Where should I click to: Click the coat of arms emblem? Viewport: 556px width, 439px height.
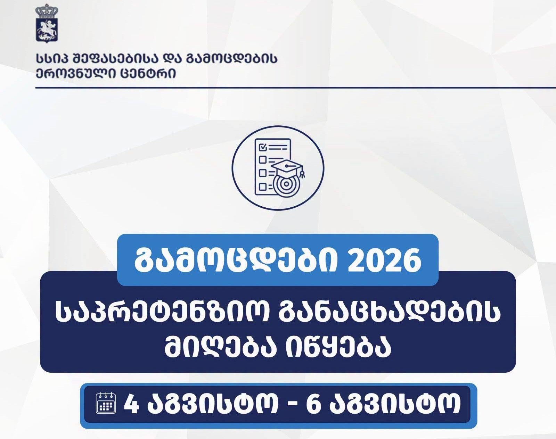[x=47, y=24]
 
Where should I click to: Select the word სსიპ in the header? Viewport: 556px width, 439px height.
[x=53, y=59]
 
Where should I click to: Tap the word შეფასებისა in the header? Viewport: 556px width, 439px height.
[x=117, y=59]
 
